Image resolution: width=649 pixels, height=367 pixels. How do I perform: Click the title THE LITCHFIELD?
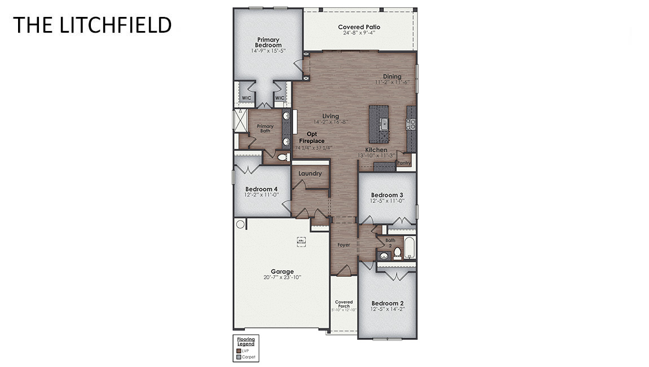[x=92, y=25]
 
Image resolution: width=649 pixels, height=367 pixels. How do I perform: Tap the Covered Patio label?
[x=359, y=27]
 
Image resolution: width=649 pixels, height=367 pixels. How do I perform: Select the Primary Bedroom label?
[x=268, y=43]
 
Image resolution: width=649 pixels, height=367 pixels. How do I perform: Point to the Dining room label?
[x=392, y=77]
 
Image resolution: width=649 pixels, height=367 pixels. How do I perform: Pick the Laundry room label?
[x=310, y=174]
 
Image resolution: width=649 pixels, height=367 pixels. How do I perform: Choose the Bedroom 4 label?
[x=261, y=189]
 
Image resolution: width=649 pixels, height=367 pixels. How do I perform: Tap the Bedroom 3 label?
[x=387, y=195]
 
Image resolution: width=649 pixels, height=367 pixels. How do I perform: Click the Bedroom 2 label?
[x=388, y=303]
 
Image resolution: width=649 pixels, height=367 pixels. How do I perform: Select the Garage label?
[x=282, y=272]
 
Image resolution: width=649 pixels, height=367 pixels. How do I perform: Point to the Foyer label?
[x=344, y=245]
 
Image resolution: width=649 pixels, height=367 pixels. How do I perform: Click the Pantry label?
[x=404, y=163]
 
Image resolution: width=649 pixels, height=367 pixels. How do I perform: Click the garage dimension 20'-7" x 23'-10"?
[x=282, y=277]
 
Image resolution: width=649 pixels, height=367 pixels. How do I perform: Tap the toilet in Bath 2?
[x=397, y=251]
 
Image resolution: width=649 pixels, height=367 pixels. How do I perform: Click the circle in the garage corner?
[x=240, y=224]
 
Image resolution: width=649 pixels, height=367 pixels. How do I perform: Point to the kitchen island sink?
[x=384, y=123]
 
